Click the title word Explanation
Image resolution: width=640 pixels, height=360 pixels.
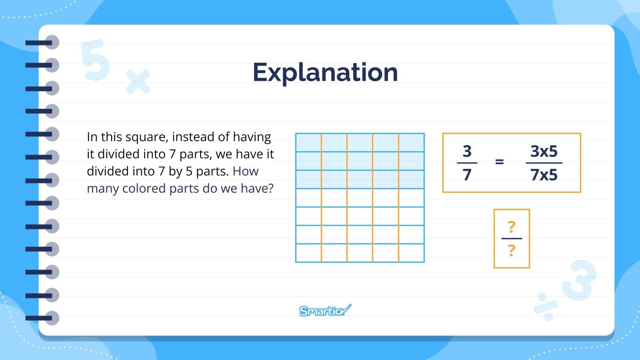pos(325,73)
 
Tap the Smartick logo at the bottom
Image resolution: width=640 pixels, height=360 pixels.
pos(325,310)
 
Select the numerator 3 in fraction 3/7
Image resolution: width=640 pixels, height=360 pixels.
pos(467,151)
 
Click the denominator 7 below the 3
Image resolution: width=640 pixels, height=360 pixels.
pos(467,175)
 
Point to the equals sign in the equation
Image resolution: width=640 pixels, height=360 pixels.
pos(499,162)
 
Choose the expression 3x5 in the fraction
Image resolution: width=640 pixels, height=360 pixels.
pos(544,151)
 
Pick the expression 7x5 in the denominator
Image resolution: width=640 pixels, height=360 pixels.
pos(544,175)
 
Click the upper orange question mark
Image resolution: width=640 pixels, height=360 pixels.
pos(511,227)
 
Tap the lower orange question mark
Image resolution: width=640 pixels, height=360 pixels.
pos(511,251)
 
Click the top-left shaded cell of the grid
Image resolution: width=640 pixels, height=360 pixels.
pos(308,142)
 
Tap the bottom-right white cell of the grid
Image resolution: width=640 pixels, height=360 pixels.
pos(411,253)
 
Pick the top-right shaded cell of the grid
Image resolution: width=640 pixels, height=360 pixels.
pos(411,142)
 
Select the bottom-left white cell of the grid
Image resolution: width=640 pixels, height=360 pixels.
pos(308,253)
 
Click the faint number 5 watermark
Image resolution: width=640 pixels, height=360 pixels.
pos(96,60)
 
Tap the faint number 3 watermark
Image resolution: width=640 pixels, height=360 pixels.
pos(580,280)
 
